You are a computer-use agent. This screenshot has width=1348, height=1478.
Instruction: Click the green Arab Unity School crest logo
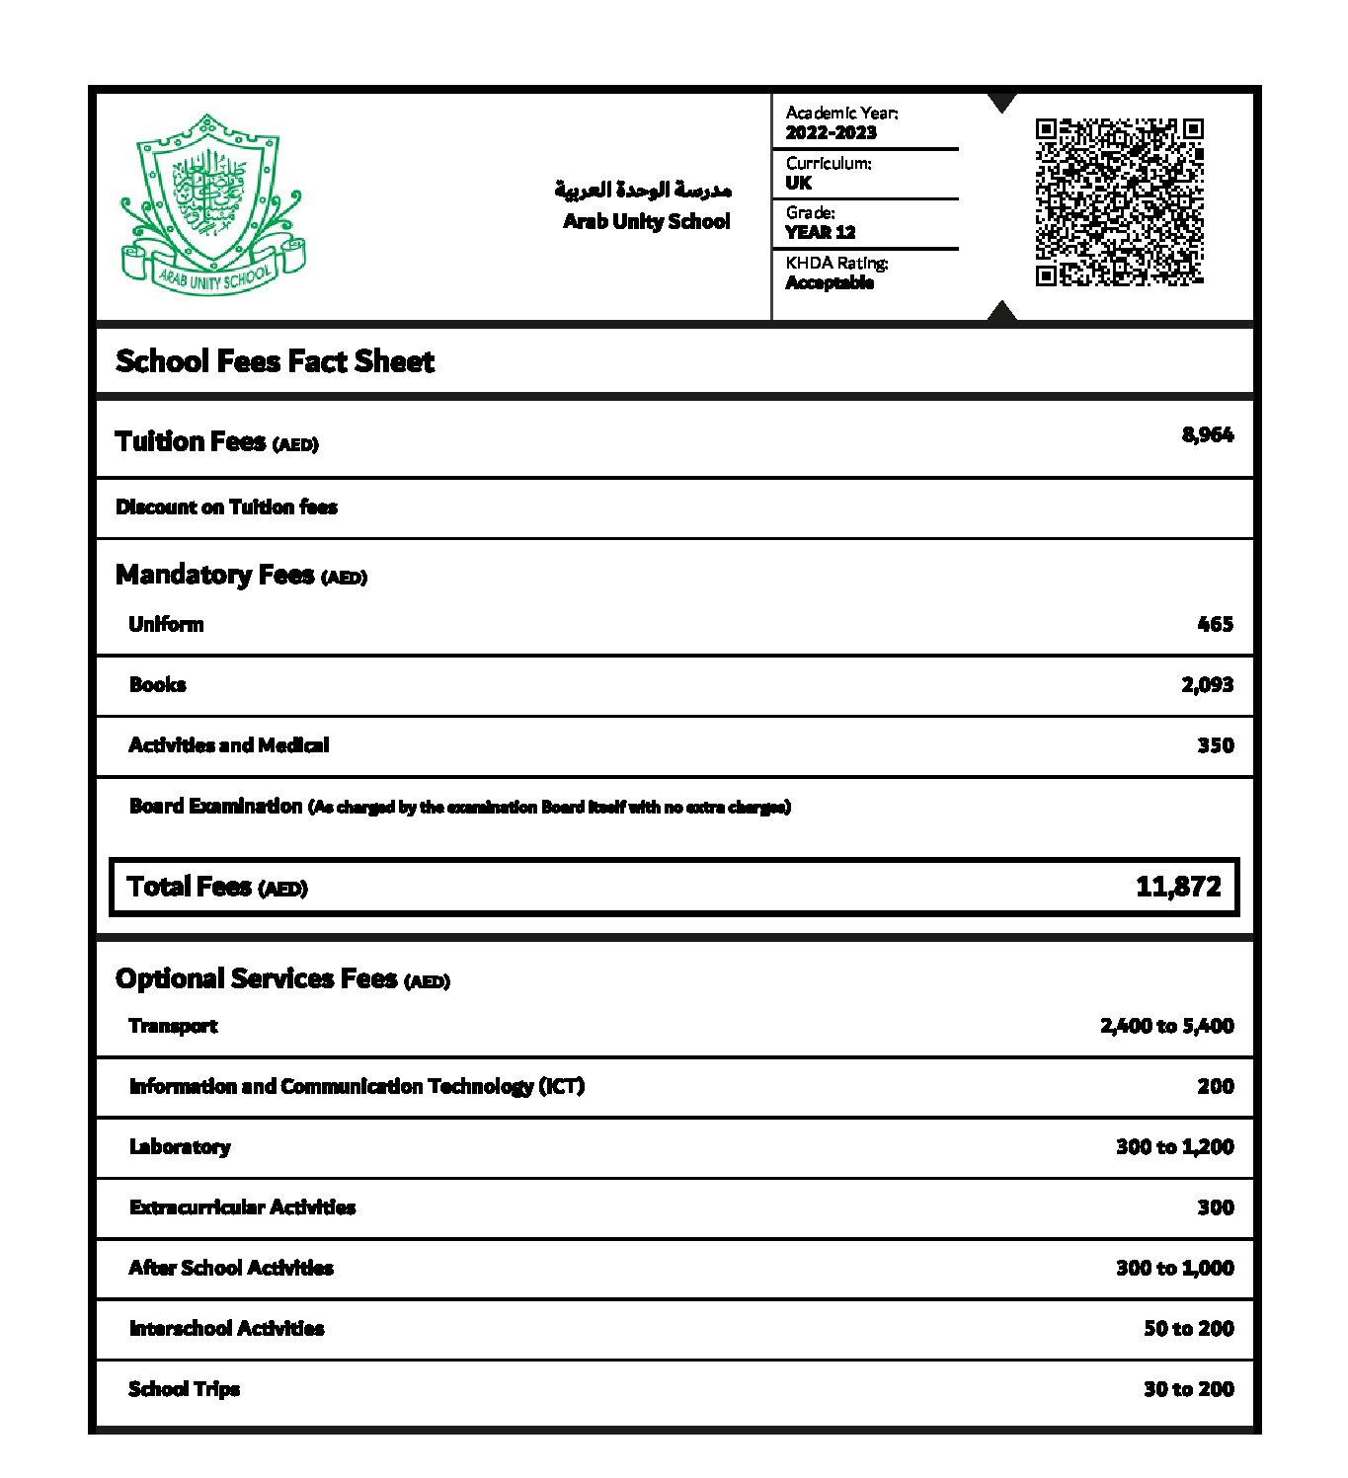(x=211, y=204)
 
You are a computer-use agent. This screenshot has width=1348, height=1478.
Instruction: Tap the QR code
(x=1119, y=202)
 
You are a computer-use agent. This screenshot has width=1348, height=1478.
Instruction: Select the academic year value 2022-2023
(x=831, y=133)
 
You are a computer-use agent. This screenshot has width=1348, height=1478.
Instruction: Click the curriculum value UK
(x=798, y=183)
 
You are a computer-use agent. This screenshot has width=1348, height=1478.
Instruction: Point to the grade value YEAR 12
(x=820, y=233)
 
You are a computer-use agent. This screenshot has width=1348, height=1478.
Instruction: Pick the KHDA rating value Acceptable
(x=830, y=283)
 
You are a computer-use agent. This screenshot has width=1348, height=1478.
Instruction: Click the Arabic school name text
(x=643, y=189)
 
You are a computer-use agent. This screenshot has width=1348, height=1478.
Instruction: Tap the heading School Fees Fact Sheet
(x=275, y=361)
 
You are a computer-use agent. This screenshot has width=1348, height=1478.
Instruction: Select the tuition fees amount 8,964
(x=1207, y=435)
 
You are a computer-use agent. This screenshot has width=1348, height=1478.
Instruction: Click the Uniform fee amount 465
(x=1215, y=624)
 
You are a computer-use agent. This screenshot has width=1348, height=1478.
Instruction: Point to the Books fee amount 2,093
(x=1207, y=685)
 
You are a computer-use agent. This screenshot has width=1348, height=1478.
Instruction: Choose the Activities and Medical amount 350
(x=1215, y=745)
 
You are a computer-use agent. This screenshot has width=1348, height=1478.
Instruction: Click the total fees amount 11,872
(x=1178, y=887)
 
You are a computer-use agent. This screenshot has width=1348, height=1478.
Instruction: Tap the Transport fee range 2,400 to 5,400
(x=1166, y=1026)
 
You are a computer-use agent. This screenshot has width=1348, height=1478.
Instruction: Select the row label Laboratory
(x=180, y=1147)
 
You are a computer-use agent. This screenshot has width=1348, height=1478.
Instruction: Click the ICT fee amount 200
(x=1215, y=1087)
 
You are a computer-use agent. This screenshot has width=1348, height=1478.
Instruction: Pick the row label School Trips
(x=185, y=1389)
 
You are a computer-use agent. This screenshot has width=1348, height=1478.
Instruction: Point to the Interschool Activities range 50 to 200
(x=1188, y=1329)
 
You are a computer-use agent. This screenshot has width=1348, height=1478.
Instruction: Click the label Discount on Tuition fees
(x=226, y=507)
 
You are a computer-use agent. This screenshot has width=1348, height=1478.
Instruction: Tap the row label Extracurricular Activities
(x=242, y=1207)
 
